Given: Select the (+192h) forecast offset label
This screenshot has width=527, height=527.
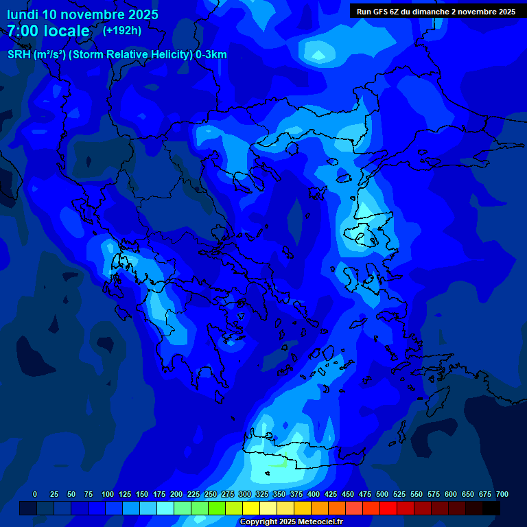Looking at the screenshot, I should tap(122, 30).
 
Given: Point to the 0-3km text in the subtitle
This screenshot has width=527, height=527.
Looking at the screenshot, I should tap(211, 55).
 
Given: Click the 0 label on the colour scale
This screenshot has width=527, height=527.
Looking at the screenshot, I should tap(35, 494).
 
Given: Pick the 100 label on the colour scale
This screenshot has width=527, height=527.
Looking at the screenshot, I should tap(107, 494).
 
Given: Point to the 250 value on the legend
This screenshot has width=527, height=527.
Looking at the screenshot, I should tap(210, 494).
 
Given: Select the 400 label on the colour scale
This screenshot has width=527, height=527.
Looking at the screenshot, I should tap(313, 494).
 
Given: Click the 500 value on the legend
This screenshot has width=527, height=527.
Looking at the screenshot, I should tap(382, 494).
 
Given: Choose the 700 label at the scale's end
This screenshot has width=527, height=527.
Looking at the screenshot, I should tap(502, 494).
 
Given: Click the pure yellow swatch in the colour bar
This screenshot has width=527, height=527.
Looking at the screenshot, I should tap(251, 508).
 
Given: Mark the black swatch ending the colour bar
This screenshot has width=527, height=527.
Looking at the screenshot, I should tap(491, 508).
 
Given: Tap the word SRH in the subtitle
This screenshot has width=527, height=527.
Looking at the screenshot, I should tap(19, 55).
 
